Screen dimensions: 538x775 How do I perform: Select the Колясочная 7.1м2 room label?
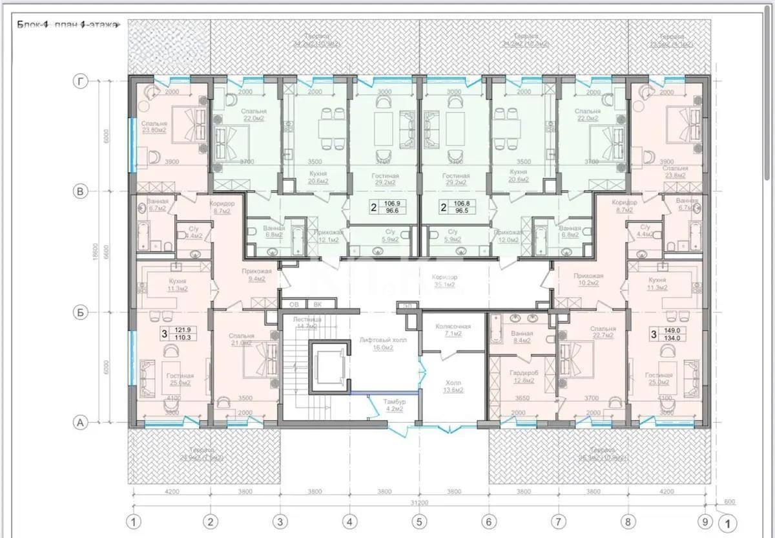453,330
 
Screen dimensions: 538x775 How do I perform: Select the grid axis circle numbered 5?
420,521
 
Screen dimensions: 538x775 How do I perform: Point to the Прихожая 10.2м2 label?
589,279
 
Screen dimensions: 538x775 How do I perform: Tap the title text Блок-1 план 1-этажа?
67,25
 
